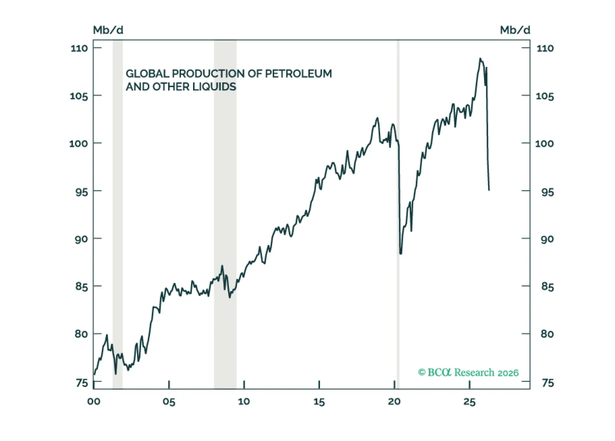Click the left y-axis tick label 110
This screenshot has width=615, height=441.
[x=79, y=48]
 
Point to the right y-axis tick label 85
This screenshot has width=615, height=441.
[x=547, y=287]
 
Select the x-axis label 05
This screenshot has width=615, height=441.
[x=169, y=402]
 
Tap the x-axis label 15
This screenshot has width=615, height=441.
[x=319, y=402]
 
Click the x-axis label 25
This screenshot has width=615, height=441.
[x=469, y=402]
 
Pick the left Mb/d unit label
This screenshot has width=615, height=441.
[x=108, y=30]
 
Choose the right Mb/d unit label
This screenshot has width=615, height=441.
[x=515, y=30]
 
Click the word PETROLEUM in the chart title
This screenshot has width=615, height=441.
[x=298, y=74]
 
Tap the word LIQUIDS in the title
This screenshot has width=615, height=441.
[x=214, y=87]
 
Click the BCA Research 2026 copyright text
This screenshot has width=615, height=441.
[x=468, y=372]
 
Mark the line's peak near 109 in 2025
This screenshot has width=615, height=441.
[x=480, y=59]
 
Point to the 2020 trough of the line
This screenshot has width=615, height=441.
[x=401, y=253]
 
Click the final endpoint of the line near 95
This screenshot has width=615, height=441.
[x=489, y=190]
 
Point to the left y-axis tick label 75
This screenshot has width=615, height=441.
[x=82, y=383]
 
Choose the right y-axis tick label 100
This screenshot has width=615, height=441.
[x=544, y=144]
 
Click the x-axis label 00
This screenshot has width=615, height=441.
[x=94, y=402]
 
